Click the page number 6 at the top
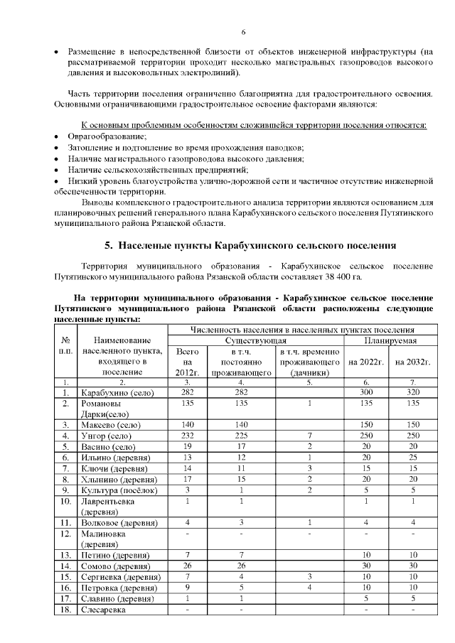coord(243,32)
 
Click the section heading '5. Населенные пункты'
coord(250,246)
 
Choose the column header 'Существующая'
coord(255,342)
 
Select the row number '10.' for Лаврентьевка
coord(65,501)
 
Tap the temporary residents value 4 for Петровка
coord(311,588)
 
